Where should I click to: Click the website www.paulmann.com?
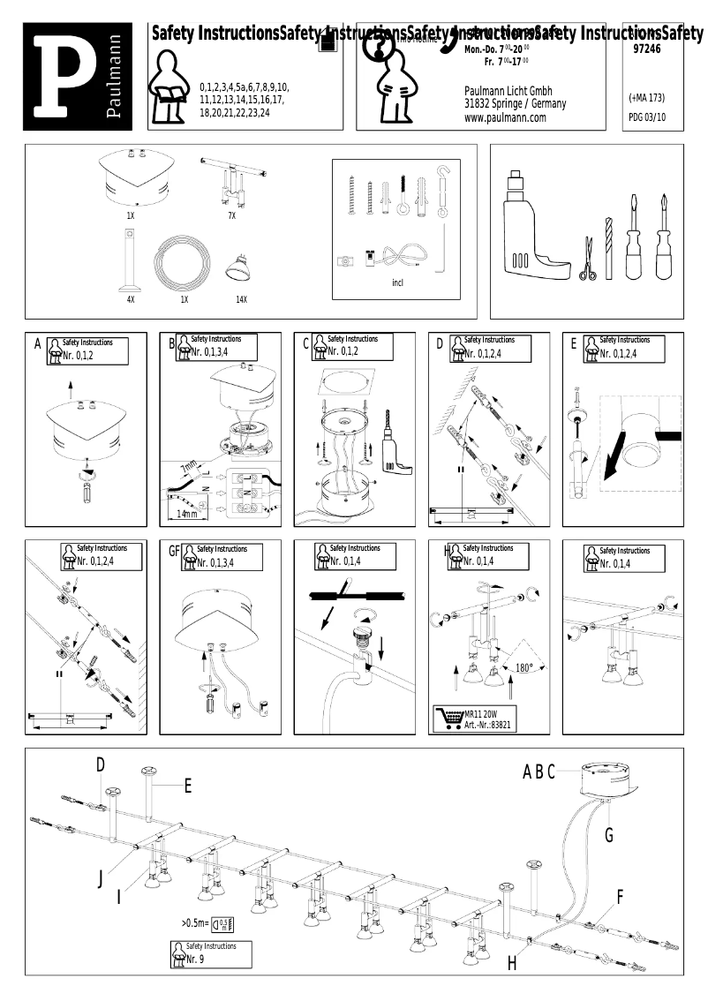(505, 117)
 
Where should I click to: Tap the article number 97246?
(646, 50)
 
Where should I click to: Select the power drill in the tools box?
(530, 230)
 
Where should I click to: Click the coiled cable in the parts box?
(184, 265)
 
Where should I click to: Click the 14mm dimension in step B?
(187, 514)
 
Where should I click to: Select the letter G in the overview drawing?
(609, 834)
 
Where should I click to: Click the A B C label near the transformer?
(539, 772)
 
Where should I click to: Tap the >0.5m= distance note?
(195, 922)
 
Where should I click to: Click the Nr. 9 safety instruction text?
(195, 959)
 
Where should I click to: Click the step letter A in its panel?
(37, 344)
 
